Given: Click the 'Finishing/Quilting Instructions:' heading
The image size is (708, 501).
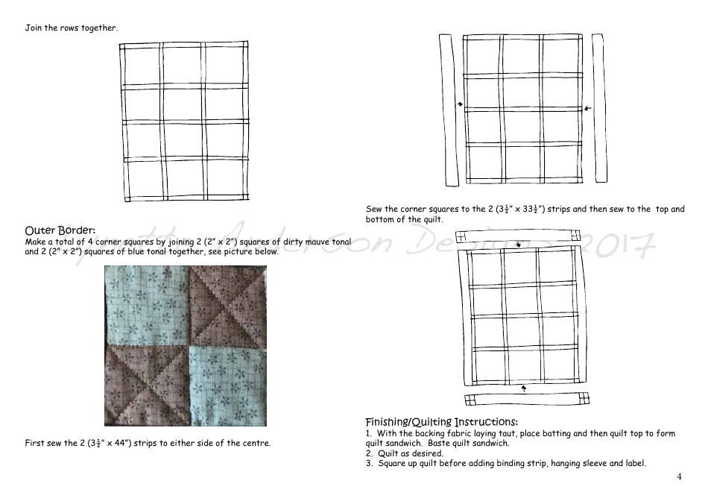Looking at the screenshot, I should coord(441,421).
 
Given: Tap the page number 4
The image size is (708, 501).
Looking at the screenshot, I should coord(679,476).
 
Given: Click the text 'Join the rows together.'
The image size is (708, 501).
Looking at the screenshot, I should coord(71,28).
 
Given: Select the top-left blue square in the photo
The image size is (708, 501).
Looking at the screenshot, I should coord(146,305).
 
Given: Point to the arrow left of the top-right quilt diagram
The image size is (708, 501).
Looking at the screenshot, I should coord(460,105).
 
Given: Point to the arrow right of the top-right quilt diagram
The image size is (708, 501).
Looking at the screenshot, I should coord(587,109).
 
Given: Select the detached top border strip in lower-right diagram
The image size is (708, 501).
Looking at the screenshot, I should coord(519,236).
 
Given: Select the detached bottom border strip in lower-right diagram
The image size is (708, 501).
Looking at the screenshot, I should coord(525,398).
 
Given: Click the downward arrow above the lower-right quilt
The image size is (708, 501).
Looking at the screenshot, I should coord(518,244).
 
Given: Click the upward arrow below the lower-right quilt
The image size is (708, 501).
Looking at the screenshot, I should coord(524,388).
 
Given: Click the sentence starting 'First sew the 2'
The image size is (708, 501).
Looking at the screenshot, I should coord(148,444).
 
